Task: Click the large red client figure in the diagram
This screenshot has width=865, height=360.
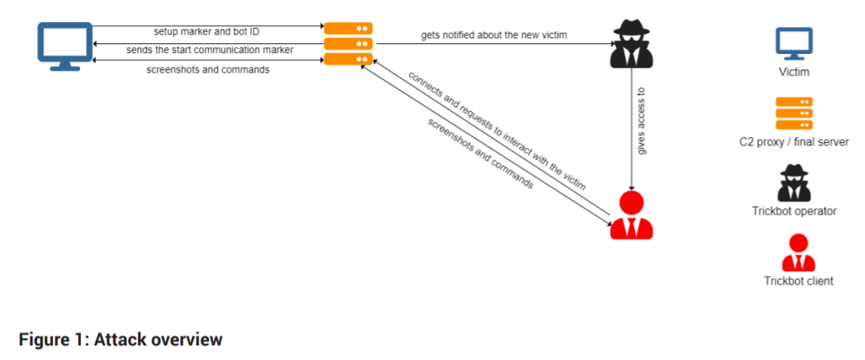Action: click(x=632, y=214)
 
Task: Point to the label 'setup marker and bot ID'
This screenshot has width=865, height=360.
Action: click(x=206, y=32)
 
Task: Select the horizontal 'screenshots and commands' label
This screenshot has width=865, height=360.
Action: click(x=208, y=69)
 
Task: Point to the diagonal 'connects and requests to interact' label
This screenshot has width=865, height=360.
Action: click(x=497, y=131)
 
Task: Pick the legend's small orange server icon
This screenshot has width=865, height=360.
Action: click(x=793, y=113)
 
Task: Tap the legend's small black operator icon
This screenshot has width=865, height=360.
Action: click(x=794, y=183)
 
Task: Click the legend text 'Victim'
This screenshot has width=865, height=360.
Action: click(x=794, y=73)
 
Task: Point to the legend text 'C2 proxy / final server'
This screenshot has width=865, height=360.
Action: click(x=794, y=142)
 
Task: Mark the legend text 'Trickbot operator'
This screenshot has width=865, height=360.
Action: click(x=794, y=211)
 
